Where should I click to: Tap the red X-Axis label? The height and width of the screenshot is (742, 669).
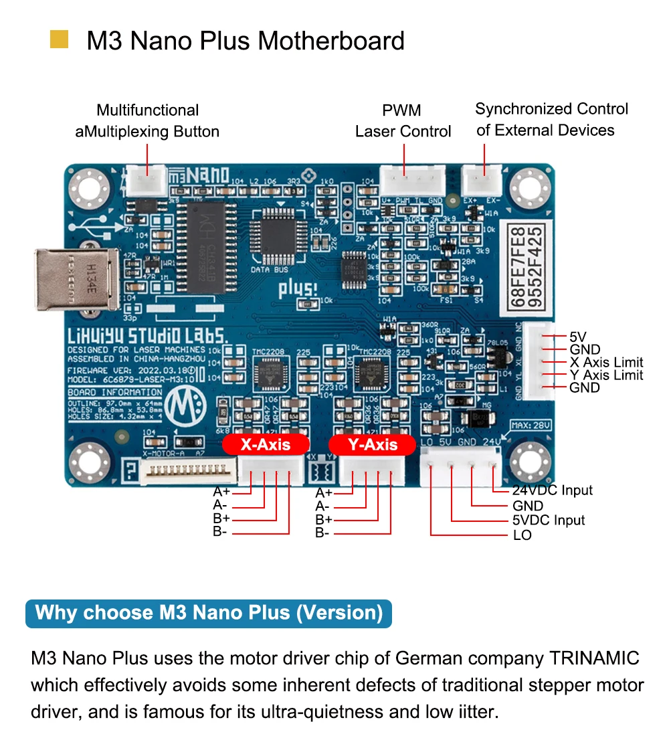(x=266, y=444)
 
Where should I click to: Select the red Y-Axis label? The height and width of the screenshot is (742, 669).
(x=373, y=444)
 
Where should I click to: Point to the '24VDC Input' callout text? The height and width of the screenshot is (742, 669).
(x=553, y=490)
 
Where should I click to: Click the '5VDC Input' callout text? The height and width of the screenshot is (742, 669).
(x=549, y=520)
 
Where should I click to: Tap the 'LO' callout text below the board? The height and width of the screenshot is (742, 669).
(x=522, y=535)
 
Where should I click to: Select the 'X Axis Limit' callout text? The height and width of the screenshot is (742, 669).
(x=606, y=362)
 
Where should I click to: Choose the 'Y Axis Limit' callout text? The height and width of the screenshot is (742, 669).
(x=606, y=375)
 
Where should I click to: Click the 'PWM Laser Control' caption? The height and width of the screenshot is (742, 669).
(x=403, y=120)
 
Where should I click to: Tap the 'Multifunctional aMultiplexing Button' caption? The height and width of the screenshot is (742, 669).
(x=147, y=120)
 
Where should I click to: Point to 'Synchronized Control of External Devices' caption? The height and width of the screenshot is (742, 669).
(x=551, y=119)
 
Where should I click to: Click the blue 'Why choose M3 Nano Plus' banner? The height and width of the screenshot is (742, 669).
(x=208, y=612)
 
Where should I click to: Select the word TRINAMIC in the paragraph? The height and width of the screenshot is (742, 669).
(x=595, y=658)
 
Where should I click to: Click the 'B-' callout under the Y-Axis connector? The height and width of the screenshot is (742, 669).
(x=323, y=533)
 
